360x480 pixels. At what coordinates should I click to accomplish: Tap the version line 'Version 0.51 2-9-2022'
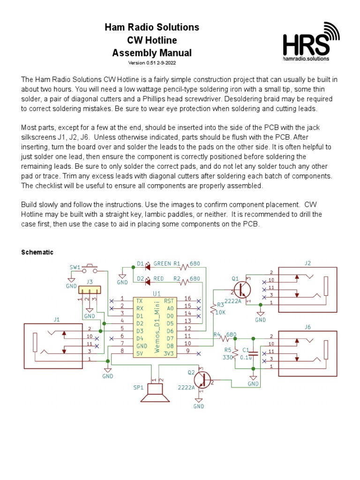[x=152, y=63]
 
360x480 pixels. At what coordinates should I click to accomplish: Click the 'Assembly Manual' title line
[x=152, y=52]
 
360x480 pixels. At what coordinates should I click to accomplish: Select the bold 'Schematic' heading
[x=37, y=252]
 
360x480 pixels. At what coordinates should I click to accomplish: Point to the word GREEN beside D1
[x=162, y=264]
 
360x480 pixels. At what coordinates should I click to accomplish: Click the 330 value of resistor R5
[x=228, y=357]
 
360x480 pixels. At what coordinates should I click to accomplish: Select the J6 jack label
[x=307, y=326]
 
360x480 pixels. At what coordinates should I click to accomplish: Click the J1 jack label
[x=57, y=319]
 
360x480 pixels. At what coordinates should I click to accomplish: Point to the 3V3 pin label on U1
[x=168, y=351]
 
